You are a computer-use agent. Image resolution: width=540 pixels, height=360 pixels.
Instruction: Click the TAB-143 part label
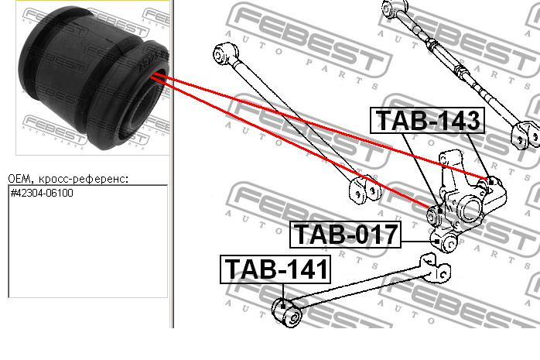tap(427, 120)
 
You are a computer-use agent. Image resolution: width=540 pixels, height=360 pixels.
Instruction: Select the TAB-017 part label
tap(345, 235)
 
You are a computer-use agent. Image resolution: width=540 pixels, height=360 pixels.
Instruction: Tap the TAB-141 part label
tap(275, 269)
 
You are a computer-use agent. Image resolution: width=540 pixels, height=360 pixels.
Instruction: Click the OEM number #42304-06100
tap(42, 193)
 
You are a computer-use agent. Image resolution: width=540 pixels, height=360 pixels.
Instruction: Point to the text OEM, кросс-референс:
tap(69, 179)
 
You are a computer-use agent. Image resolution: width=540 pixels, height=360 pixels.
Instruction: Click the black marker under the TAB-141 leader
tap(283, 305)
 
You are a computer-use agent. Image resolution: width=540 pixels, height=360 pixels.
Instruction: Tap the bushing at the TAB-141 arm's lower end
tap(288, 311)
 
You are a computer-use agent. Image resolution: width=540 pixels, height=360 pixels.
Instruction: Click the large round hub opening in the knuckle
tap(470, 208)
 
